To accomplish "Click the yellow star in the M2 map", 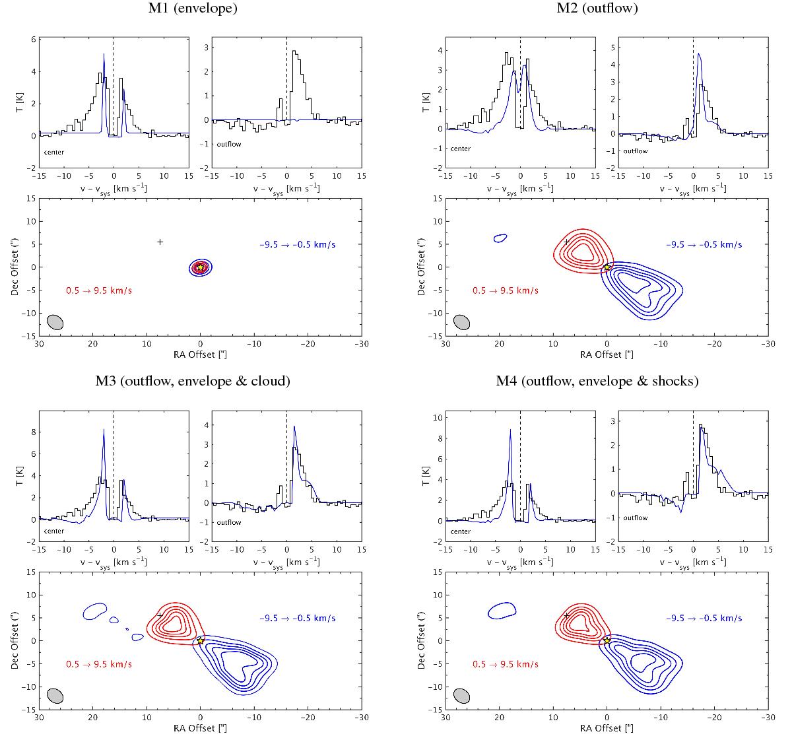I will tap(607, 267).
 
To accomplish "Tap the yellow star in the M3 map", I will tap(200, 640).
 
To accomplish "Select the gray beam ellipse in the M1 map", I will tap(55, 322).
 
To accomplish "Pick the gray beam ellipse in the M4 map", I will tap(462, 696).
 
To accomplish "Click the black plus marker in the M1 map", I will tap(160, 242).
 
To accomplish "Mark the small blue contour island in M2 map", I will tap(500, 237).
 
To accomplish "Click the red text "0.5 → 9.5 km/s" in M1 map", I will tap(99, 290).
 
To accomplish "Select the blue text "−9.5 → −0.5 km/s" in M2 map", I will tap(704, 244).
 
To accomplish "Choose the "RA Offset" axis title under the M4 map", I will tap(607, 728).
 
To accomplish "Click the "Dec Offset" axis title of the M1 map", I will tap(15, 267).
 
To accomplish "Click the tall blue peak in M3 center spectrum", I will tap(104, 430).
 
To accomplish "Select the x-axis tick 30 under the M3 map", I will tap(39, 718).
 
